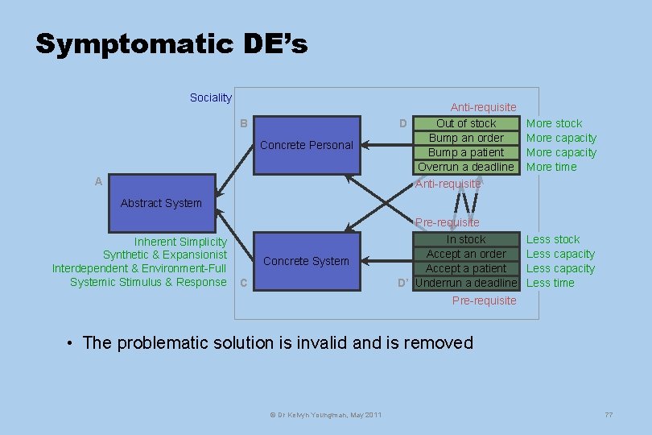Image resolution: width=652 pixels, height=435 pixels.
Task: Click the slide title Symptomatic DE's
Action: [171, 43]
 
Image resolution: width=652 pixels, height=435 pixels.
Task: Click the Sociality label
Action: [210, 97]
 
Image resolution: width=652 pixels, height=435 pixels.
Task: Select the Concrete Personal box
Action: [307, 145]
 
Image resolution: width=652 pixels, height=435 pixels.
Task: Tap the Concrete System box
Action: [307, 261]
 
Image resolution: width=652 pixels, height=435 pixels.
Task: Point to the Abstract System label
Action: [161, 203]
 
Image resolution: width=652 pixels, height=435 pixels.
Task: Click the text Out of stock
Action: [466, 123]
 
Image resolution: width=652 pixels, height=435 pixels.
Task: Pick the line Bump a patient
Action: [466, 152]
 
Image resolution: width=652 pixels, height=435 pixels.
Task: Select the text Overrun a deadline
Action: [465, 167]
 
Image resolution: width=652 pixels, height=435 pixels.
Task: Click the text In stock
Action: [466, 239]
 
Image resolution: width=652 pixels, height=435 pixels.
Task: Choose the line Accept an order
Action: [466, 254]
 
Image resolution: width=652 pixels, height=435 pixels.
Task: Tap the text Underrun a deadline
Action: [465, 283]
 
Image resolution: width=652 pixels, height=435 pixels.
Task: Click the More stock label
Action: [554, 123]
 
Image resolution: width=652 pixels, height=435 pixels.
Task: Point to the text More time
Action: [551, 167]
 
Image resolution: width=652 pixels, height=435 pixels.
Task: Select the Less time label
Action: [551, 283]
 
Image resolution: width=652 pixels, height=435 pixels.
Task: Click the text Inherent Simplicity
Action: [180, 242]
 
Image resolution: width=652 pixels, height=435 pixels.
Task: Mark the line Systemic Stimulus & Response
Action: [148, 282]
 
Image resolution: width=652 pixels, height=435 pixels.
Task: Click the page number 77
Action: [609, 414]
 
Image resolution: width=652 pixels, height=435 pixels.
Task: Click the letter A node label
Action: [98, 181]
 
